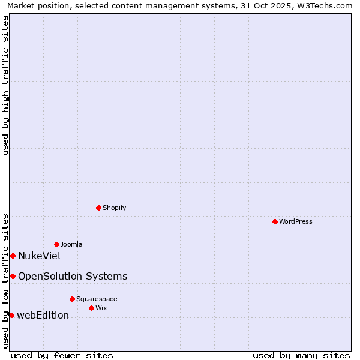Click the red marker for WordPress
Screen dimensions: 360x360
pos(275,221)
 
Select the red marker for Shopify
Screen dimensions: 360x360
pos(98,208)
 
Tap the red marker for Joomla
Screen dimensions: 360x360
pos(56,244)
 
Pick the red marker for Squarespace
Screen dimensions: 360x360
pos(72,299)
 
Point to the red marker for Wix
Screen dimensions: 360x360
pos(91,308)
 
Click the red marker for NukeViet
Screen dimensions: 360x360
pos(13,256)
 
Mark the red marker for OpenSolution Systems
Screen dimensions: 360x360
pos(13,276)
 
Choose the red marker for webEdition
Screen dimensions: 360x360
pos(11,315)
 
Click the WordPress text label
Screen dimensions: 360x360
pos(296,221)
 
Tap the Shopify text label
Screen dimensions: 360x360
pos(114,208)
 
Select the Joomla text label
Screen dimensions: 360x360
pos(71,244)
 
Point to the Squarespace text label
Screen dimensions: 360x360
pos(97,299)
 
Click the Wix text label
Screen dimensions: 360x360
pos(101,308)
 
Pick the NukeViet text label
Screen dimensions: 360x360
pos(40,256)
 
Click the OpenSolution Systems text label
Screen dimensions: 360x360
pos(73,277)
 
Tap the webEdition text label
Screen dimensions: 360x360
pos(43,316)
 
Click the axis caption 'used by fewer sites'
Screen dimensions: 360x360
pos(62,355)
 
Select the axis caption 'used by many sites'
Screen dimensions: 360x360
pos(301,355)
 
